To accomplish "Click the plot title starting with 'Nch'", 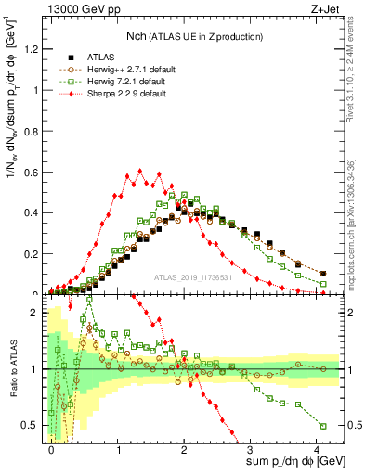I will coord(194,35).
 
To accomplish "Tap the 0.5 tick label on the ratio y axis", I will coord(33,426).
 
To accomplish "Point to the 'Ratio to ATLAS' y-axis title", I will coord(12,368).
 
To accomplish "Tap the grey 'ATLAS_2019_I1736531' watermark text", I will coord(194,278).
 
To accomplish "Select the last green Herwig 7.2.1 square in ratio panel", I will coord(323,426).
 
